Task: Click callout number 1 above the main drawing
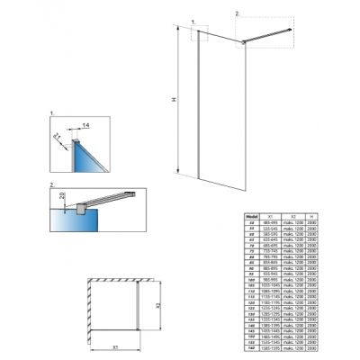[x=193, y=18]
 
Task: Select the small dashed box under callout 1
[x=200, y=35]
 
